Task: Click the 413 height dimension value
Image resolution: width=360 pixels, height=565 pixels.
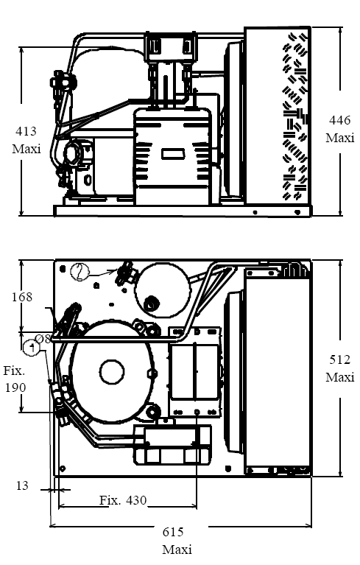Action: pos(26,131)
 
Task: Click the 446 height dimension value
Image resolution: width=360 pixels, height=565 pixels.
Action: pos(339,120)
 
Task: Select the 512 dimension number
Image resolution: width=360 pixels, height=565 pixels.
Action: pos(339,359)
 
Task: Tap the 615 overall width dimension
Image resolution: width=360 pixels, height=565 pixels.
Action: pos(173,532)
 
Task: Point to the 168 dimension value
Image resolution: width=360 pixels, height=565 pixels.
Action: pos(22,297)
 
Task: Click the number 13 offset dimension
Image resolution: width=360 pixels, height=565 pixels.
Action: pos(22,485)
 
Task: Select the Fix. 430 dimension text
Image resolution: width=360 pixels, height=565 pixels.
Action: pos(123,500)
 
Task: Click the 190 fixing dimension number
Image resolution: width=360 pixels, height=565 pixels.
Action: pos(15,387)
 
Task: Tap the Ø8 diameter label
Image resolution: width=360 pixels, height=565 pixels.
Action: pos(42,339)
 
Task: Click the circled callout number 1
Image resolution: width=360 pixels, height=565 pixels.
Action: pos(32,348)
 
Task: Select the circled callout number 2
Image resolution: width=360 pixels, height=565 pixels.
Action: pos(80,272)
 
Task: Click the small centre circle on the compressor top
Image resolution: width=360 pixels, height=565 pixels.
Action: pos(112,372)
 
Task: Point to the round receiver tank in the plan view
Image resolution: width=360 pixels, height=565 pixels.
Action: pos(162,289)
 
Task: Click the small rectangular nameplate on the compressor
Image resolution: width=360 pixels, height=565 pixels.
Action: pos(174,154)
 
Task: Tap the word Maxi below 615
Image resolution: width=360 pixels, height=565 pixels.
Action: pos(177,550)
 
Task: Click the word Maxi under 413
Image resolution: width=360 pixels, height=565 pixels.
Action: pos(27,149)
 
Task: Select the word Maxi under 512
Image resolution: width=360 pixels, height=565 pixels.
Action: pos(340,377)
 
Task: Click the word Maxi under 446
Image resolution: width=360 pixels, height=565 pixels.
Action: pos(340,138)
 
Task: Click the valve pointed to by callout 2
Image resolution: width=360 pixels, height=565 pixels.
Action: pos(125,273)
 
